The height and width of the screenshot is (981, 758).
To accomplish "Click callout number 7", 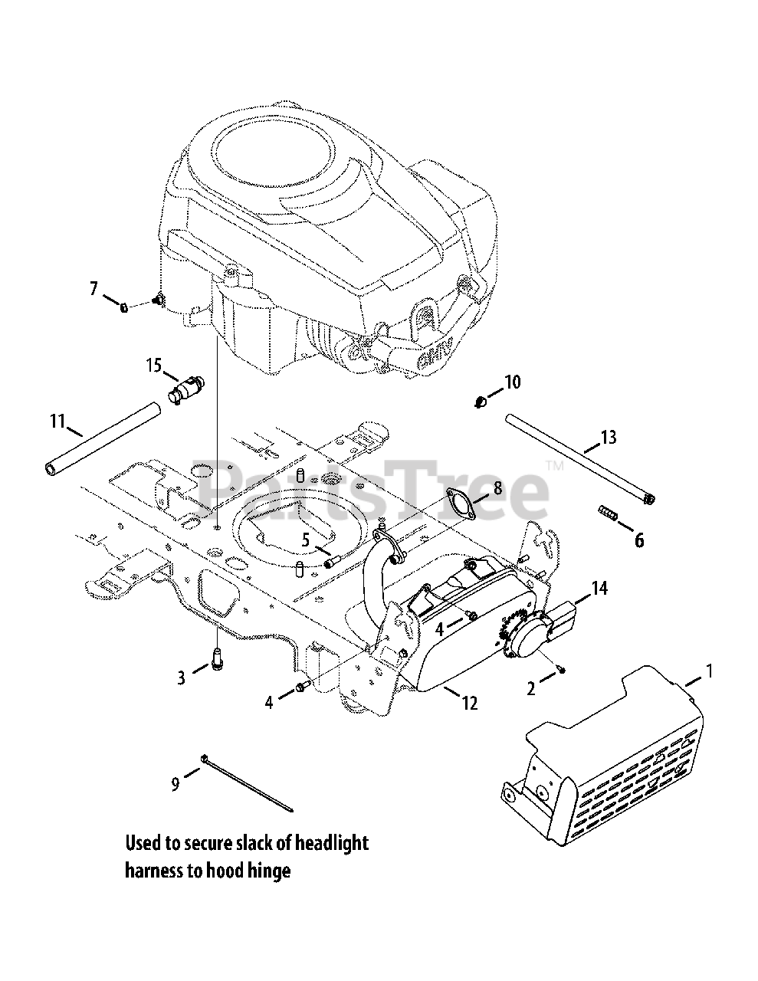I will click(94, 289).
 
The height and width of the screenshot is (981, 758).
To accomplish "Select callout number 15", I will click(155, 365).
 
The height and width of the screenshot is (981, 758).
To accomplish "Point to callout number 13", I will click(608, 438).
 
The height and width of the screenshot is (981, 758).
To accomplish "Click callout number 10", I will click(512, 381).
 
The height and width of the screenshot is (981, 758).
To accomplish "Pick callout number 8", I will click(497, 487).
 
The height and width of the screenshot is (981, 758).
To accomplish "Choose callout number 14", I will click(599, 588).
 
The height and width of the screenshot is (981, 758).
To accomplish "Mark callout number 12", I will click(469, 702).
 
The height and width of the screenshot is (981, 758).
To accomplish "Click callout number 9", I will click(175, 784).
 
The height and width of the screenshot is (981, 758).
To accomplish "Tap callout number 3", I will click(181, 678).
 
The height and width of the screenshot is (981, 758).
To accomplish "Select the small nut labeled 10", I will click(480, 401).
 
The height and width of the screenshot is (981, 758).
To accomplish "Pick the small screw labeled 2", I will click(562, 671).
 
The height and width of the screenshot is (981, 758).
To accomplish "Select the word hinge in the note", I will click(269, 871).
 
